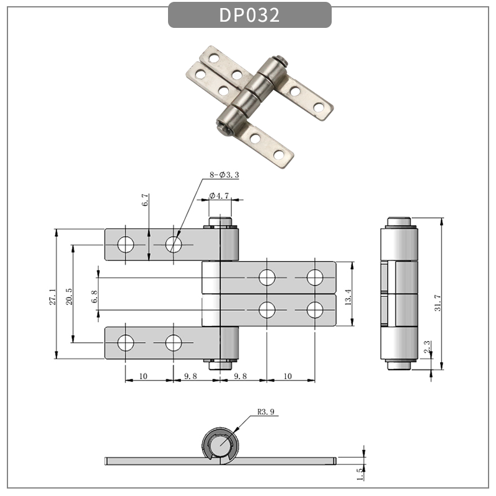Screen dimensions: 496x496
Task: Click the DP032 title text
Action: coord(249,15)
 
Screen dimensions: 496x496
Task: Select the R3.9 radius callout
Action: coord(266,410)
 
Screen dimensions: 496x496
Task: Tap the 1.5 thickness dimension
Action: coord(360,474)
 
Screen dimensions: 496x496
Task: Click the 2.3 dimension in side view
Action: coord(426,347)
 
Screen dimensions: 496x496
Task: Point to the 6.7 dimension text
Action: coord(145,200)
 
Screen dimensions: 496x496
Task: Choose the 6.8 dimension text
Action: coord(94,296)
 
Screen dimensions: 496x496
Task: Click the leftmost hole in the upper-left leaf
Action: coord(126,244)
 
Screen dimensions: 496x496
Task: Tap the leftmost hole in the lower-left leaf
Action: coord(126,342)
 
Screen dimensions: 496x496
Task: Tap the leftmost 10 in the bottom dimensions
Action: coord(143,376)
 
